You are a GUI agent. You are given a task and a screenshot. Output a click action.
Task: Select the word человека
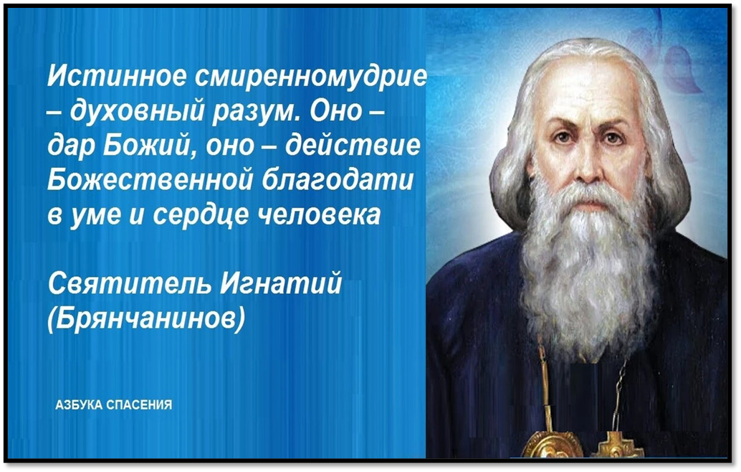[x=318, y=214]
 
